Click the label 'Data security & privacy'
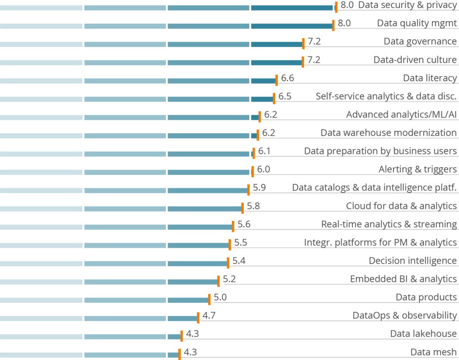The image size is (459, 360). pos(407,5)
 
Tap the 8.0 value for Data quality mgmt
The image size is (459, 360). pos(344,23)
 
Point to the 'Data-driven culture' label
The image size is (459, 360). pos(415,60)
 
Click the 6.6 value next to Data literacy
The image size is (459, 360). pos(287,78)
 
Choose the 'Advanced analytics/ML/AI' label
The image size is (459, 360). pos(401,115)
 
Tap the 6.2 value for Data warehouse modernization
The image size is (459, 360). pos(268,133)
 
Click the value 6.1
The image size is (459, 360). pos(264,151)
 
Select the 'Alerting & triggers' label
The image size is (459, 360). pos(418,169)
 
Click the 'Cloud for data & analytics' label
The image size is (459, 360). pos(401,206)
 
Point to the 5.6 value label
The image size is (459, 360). pos(244,225)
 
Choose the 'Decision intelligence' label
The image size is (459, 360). pos(413,261)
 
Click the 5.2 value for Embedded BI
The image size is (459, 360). pos(229,279)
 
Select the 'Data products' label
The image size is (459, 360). pos(426,297)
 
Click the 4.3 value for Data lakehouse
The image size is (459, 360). pos(192,334)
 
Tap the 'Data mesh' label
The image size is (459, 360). pos(433,352)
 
